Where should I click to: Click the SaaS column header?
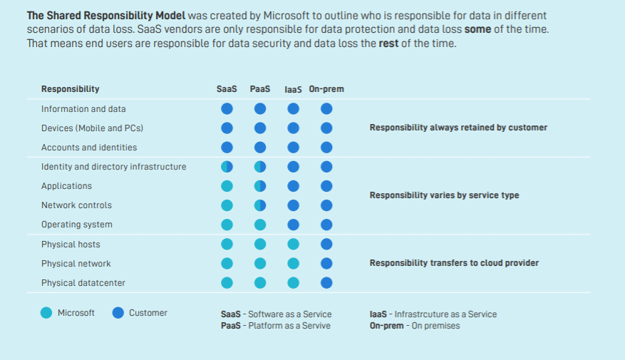click(x=227, y=89)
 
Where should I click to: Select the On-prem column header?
click(x=326, y=89)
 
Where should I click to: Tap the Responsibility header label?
click(x=70, y=89)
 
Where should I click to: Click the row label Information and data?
click(x=83, y=109)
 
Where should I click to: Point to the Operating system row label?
click(x=77, y=225)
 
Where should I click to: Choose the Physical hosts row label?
click(x=71, y=245)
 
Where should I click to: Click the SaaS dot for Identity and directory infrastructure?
click(x=227, y=167)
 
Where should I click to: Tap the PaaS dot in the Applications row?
click(x=260, y=186)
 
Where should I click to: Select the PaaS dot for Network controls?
click(x=260, y=205)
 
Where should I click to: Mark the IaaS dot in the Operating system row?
click(x=293, y=225)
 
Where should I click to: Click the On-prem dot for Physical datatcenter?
click(x=326, y=283)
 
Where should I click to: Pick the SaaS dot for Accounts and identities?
click(x=227, y=148)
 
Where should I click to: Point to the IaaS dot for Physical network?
click(x=293, y=264)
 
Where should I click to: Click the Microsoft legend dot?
click(x=46, y=312)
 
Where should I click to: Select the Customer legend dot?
click(x=118, y=312)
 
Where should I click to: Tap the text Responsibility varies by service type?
click(x=444, y=195)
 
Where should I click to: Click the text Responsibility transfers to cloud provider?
click(x=454, y=263)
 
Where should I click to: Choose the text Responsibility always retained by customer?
click(x=458, y=128)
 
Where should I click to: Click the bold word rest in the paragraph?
click(x=388, y=43)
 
